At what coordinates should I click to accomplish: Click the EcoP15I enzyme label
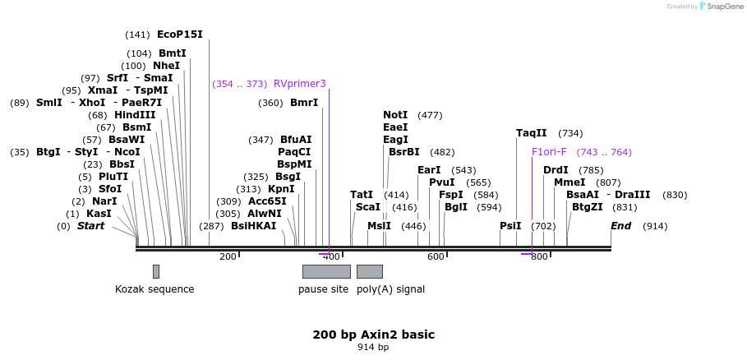coord(179,35)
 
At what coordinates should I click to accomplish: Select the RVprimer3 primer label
coord(299,84)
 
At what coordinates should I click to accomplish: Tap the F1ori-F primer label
coord(549,152)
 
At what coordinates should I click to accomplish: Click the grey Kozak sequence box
coord(156,271)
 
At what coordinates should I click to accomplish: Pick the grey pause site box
coord(326,271)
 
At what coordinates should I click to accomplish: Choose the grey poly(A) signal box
coord(369,271)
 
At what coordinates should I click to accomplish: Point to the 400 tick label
coord(332,257)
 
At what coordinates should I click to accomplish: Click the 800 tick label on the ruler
coord(539,257)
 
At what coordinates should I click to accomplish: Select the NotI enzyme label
coord(395,115)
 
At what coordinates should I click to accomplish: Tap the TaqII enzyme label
coord(531,133)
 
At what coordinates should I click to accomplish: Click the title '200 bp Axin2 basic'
coord(373,335)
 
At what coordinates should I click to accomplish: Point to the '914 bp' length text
coord(373,348)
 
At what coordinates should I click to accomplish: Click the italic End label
coord(620,226)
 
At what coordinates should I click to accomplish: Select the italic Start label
coord(90,226)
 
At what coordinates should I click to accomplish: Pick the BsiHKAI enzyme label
coord(253,226)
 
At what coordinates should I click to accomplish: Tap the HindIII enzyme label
coord(135,115)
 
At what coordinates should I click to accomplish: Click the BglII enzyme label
coord(455,207)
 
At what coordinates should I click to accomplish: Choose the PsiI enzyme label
coord(510,226)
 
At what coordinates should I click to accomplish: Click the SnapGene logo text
coord(721,7)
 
